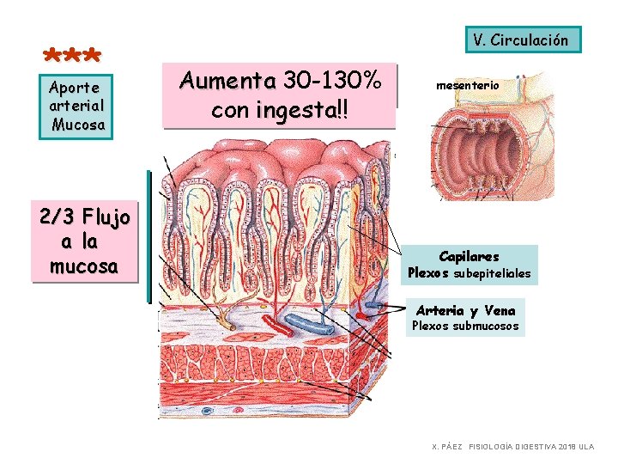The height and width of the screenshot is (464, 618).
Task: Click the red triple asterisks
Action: (73, 57)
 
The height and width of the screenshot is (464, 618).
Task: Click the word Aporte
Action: (75, 87)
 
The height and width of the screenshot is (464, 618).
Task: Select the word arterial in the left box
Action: (77, 105)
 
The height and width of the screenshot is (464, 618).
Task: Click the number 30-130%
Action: (332, 82)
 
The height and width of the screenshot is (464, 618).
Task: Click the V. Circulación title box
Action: (520, 40)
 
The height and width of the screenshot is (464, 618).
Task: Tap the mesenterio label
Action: (467, 86)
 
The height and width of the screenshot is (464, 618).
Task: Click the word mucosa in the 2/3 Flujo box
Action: (83, 266)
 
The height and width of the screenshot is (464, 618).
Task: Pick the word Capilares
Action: (469, 256)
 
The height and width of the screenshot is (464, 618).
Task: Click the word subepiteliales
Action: (492, 274)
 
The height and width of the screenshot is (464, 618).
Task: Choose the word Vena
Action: (500, 311)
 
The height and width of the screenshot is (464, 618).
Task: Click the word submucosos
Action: (486, 327)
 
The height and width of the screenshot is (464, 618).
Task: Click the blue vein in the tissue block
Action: (308, 324)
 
